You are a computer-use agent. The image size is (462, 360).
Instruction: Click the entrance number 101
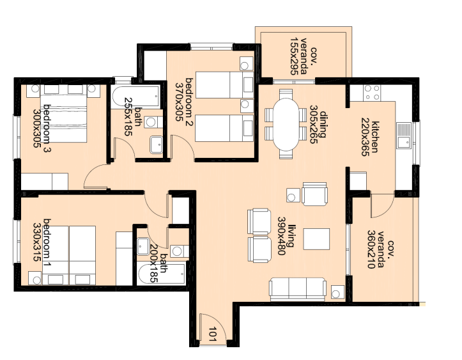(x=214, y=333)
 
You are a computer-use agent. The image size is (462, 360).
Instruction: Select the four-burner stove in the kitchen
(x=372, y=93)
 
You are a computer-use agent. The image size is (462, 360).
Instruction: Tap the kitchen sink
(x=403, y=136)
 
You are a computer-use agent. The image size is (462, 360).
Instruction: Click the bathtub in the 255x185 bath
(x=135, y=97)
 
